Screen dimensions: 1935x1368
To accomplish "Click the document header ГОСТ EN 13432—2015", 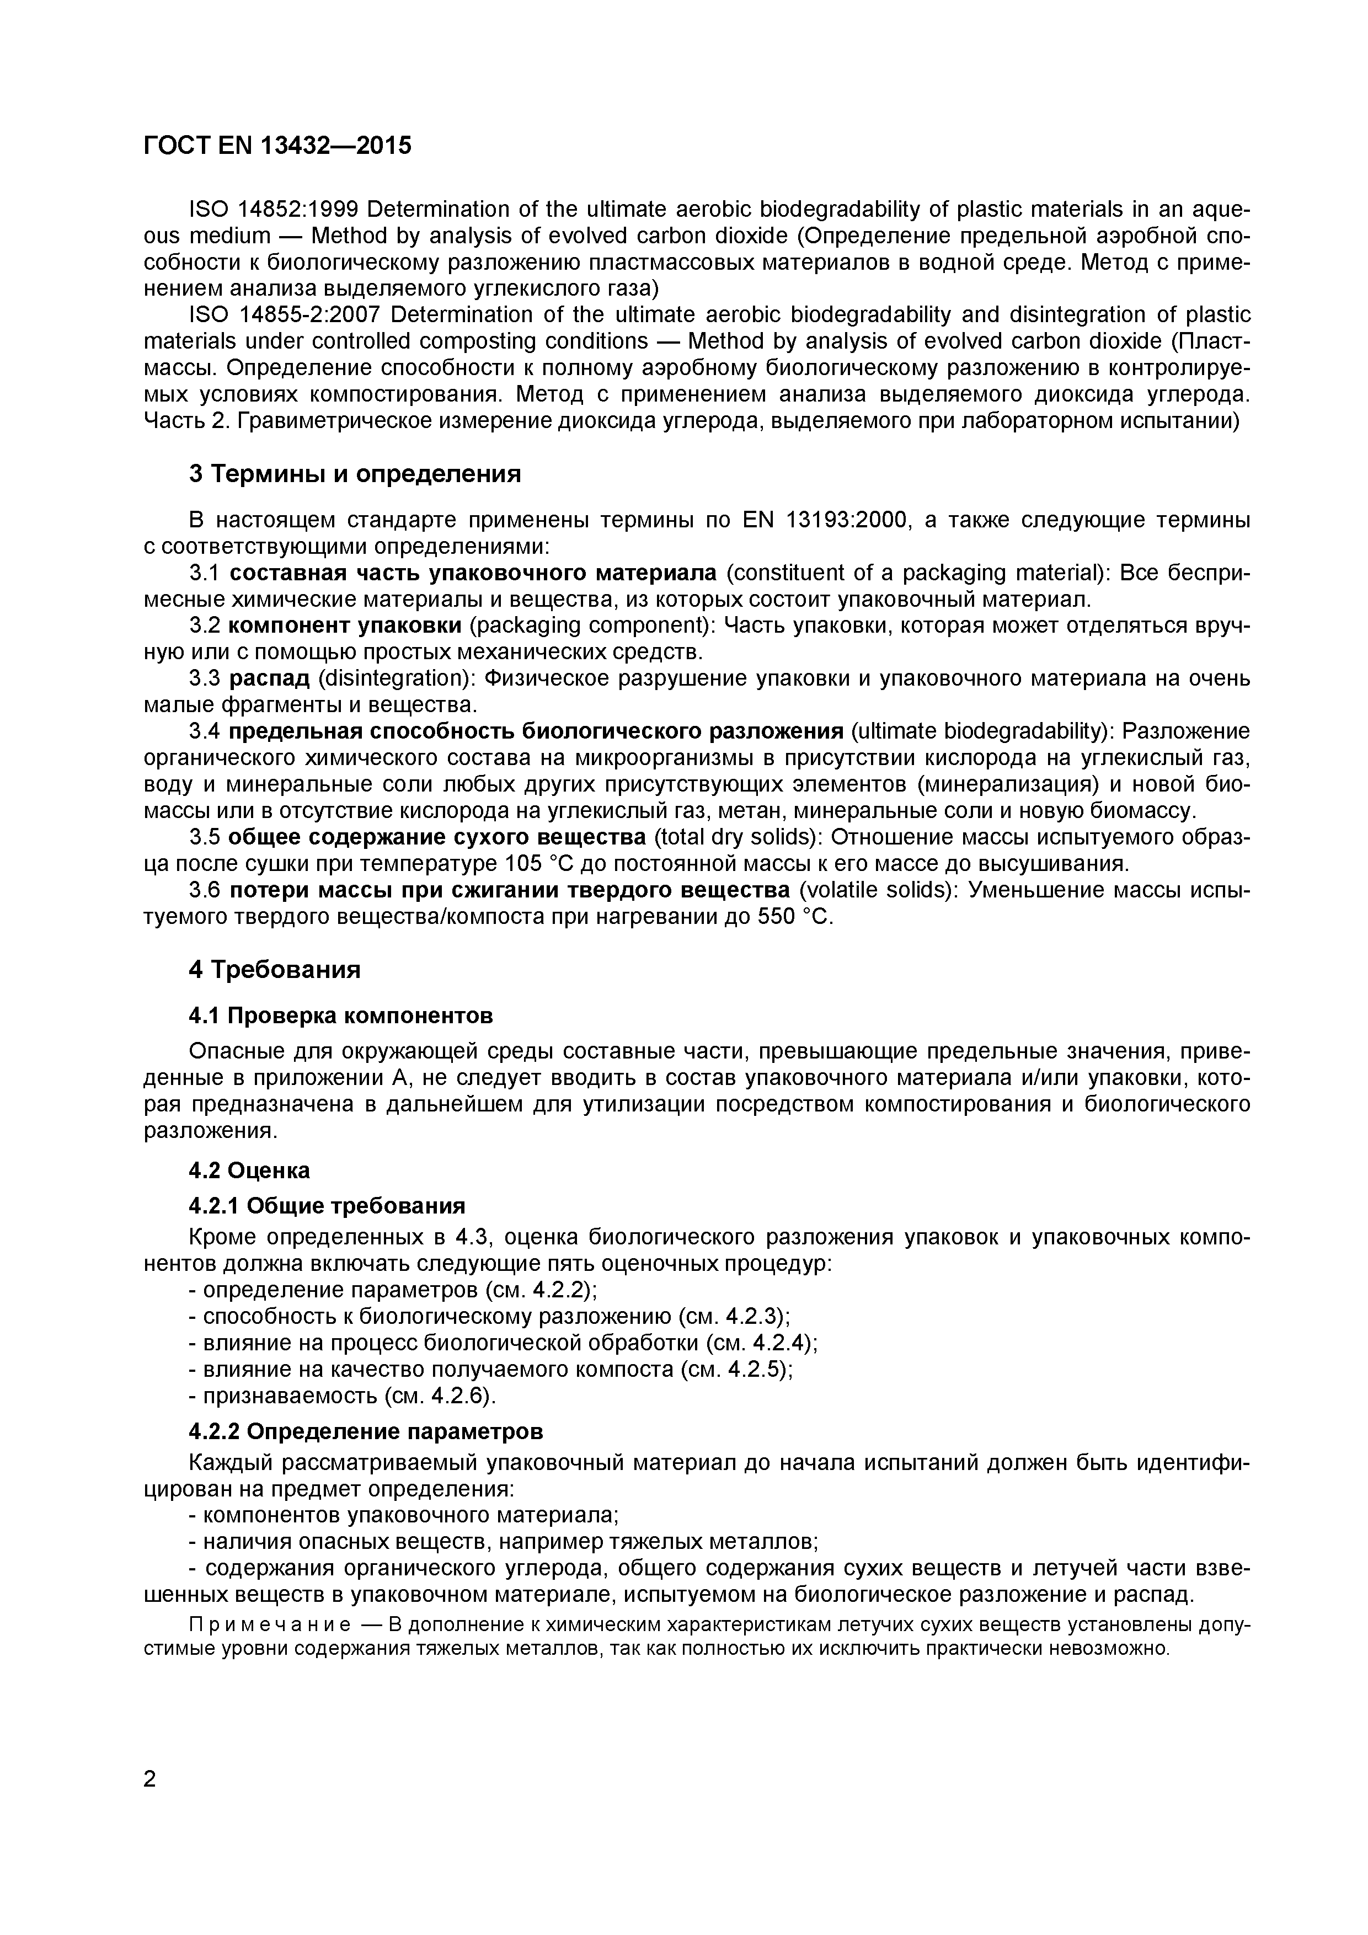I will tap(278, 146).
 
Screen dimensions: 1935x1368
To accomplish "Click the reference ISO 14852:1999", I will tap(274, 209).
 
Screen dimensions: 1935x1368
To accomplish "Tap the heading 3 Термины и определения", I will tap(355, 474).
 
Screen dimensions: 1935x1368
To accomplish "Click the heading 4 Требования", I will tap(275, 969).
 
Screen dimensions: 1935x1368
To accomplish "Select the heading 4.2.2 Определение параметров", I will tap(366, 1432).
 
